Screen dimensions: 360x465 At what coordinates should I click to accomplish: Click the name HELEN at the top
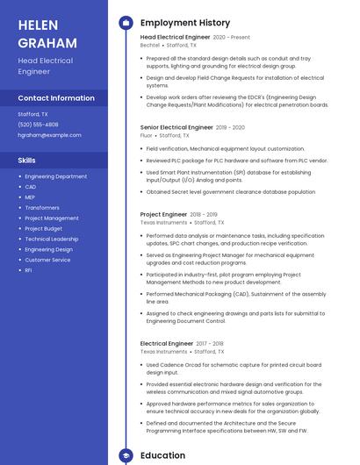[x=37, y=25]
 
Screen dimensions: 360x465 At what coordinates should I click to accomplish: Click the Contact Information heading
[x=56, y=98]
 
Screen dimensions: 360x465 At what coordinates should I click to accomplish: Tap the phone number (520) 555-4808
[x=39, y=125]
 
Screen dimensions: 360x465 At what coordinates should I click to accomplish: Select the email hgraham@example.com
[x=49, y=135]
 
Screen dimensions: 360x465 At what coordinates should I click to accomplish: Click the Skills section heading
[x=27, y=161]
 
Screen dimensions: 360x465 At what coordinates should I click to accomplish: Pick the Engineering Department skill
[x=56, y=176]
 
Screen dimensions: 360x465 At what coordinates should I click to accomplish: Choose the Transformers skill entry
[x=43, y=208]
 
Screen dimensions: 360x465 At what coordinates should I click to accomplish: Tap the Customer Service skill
[x=47, y=260]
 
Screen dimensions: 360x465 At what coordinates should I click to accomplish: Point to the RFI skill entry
[x=29, y=270]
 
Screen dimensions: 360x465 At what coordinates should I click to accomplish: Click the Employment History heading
[x=185, y=23]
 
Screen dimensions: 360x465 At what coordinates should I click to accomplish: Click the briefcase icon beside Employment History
[x=126, y=23]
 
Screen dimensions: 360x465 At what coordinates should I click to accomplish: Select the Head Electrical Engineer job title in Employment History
[x=176, y=38]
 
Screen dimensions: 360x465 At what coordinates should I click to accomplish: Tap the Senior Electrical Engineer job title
[x=176, y=127]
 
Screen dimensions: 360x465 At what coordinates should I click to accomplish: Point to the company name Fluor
[x=146, y=136]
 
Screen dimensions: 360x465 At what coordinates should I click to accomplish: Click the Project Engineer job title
[x=163, y=214]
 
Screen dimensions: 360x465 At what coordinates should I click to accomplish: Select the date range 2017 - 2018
[x=210, y=344]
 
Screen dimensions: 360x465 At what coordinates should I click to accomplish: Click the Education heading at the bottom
[x=163, y=455]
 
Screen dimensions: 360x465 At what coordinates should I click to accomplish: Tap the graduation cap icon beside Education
[x=126, y=455]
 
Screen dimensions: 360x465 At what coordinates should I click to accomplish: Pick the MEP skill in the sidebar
[x=30, y=197]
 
